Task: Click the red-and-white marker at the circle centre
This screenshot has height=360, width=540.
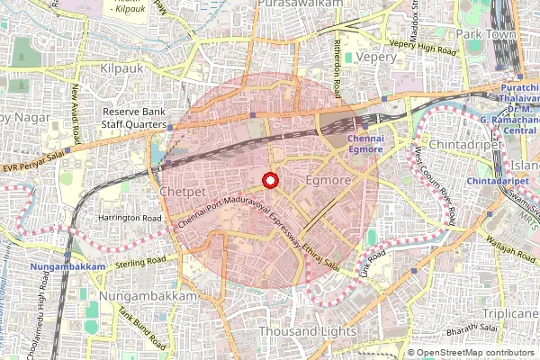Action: (268, 181)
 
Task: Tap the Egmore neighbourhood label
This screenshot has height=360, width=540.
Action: (328, 181)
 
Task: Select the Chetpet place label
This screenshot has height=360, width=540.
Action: (183, 193)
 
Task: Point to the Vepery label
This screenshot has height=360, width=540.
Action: (375, 56)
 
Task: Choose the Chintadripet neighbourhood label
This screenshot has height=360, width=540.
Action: (460, 144)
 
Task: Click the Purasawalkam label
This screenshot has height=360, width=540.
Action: (301, 4)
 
